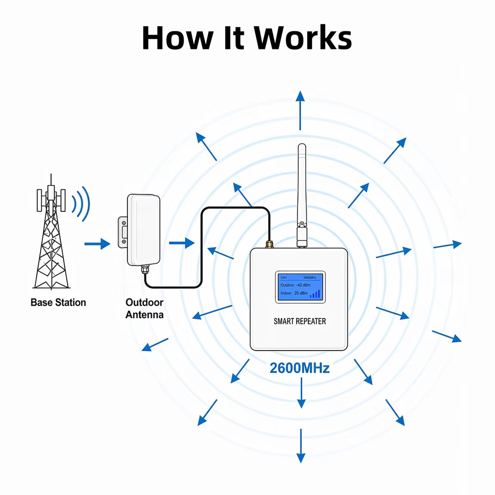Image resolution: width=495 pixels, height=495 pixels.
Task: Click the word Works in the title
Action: (x=303, y=38)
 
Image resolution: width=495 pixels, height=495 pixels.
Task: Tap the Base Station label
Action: (x=58, y=303)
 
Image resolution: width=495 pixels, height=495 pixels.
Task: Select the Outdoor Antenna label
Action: (x=144, y=308)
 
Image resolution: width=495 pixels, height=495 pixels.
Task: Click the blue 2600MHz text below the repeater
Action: (x=300, y=368)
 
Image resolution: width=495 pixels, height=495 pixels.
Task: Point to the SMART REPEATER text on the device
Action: (x=300, y=321)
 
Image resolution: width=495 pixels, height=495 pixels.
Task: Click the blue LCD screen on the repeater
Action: (x=300, y=287)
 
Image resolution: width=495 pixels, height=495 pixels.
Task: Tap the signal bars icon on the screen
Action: (x=315, y=294)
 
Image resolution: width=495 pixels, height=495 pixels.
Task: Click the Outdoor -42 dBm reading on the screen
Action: (x=295, y=285)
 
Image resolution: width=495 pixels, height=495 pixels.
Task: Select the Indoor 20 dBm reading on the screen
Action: (x=294, y=293)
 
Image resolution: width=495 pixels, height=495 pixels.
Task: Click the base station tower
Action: (x=51, y=232)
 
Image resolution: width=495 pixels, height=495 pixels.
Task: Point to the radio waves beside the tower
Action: (x=81, y=204)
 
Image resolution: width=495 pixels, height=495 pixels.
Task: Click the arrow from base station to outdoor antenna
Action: (x=97, y=244)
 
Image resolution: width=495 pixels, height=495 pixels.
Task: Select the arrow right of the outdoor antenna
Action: (x=182, y=243)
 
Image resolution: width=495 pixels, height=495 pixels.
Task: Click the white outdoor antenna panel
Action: (x=144, y=230)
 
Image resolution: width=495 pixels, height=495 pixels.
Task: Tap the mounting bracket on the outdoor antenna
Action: (x=123, y=232)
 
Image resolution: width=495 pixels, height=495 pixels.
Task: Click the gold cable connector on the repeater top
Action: (x=269, y=244)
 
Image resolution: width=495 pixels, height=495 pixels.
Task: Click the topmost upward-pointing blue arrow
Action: (x=300, y=110)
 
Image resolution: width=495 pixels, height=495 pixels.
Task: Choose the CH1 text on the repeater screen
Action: (x=284, y=278)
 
